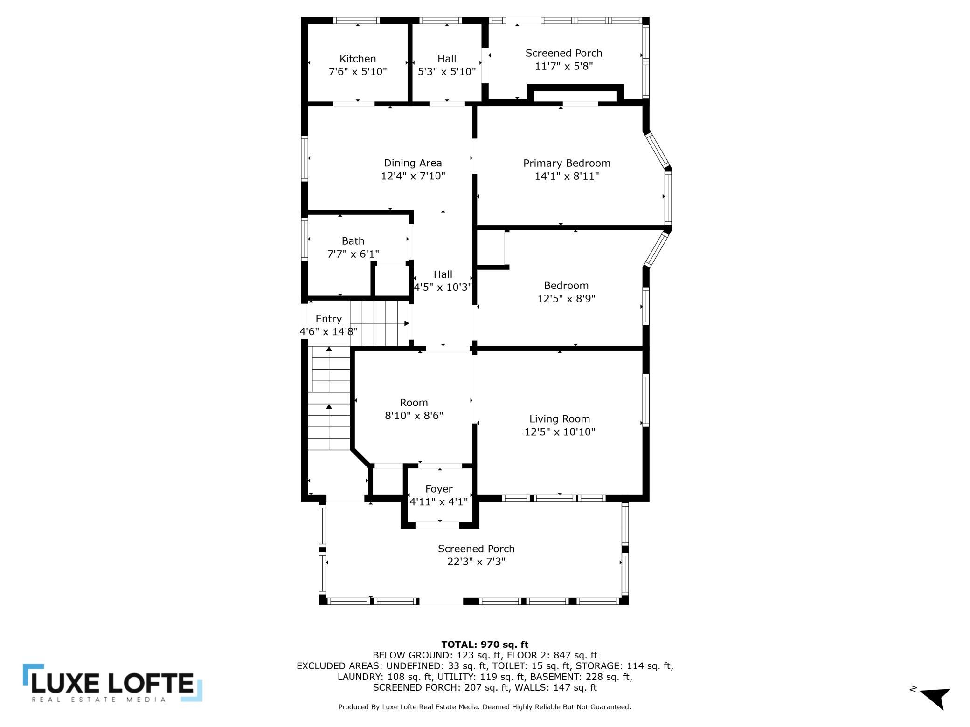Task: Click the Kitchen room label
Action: tap(358, 59)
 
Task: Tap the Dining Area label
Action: tap(413, 163)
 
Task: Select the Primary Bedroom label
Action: tap(567, 163)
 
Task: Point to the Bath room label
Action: tap(353, 241)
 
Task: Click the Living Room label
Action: tap(560, 419)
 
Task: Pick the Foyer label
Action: tap(439, 489)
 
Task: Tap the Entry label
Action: tap(329, 319)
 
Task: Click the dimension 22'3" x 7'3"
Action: tap(476, 562)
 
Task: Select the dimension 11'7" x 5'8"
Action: tap(564, 66)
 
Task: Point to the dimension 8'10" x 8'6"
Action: tap(414, 415)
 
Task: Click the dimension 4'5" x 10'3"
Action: tap(443, 287)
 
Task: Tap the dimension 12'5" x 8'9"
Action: tap(566, 298)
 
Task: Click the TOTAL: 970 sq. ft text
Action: tap(485, 645)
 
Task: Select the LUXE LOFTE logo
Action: tap(112, 683)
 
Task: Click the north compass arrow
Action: tap(935, 698)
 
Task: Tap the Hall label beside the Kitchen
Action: tap(447, 59)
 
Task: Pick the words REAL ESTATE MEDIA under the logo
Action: tap(99, 699)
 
